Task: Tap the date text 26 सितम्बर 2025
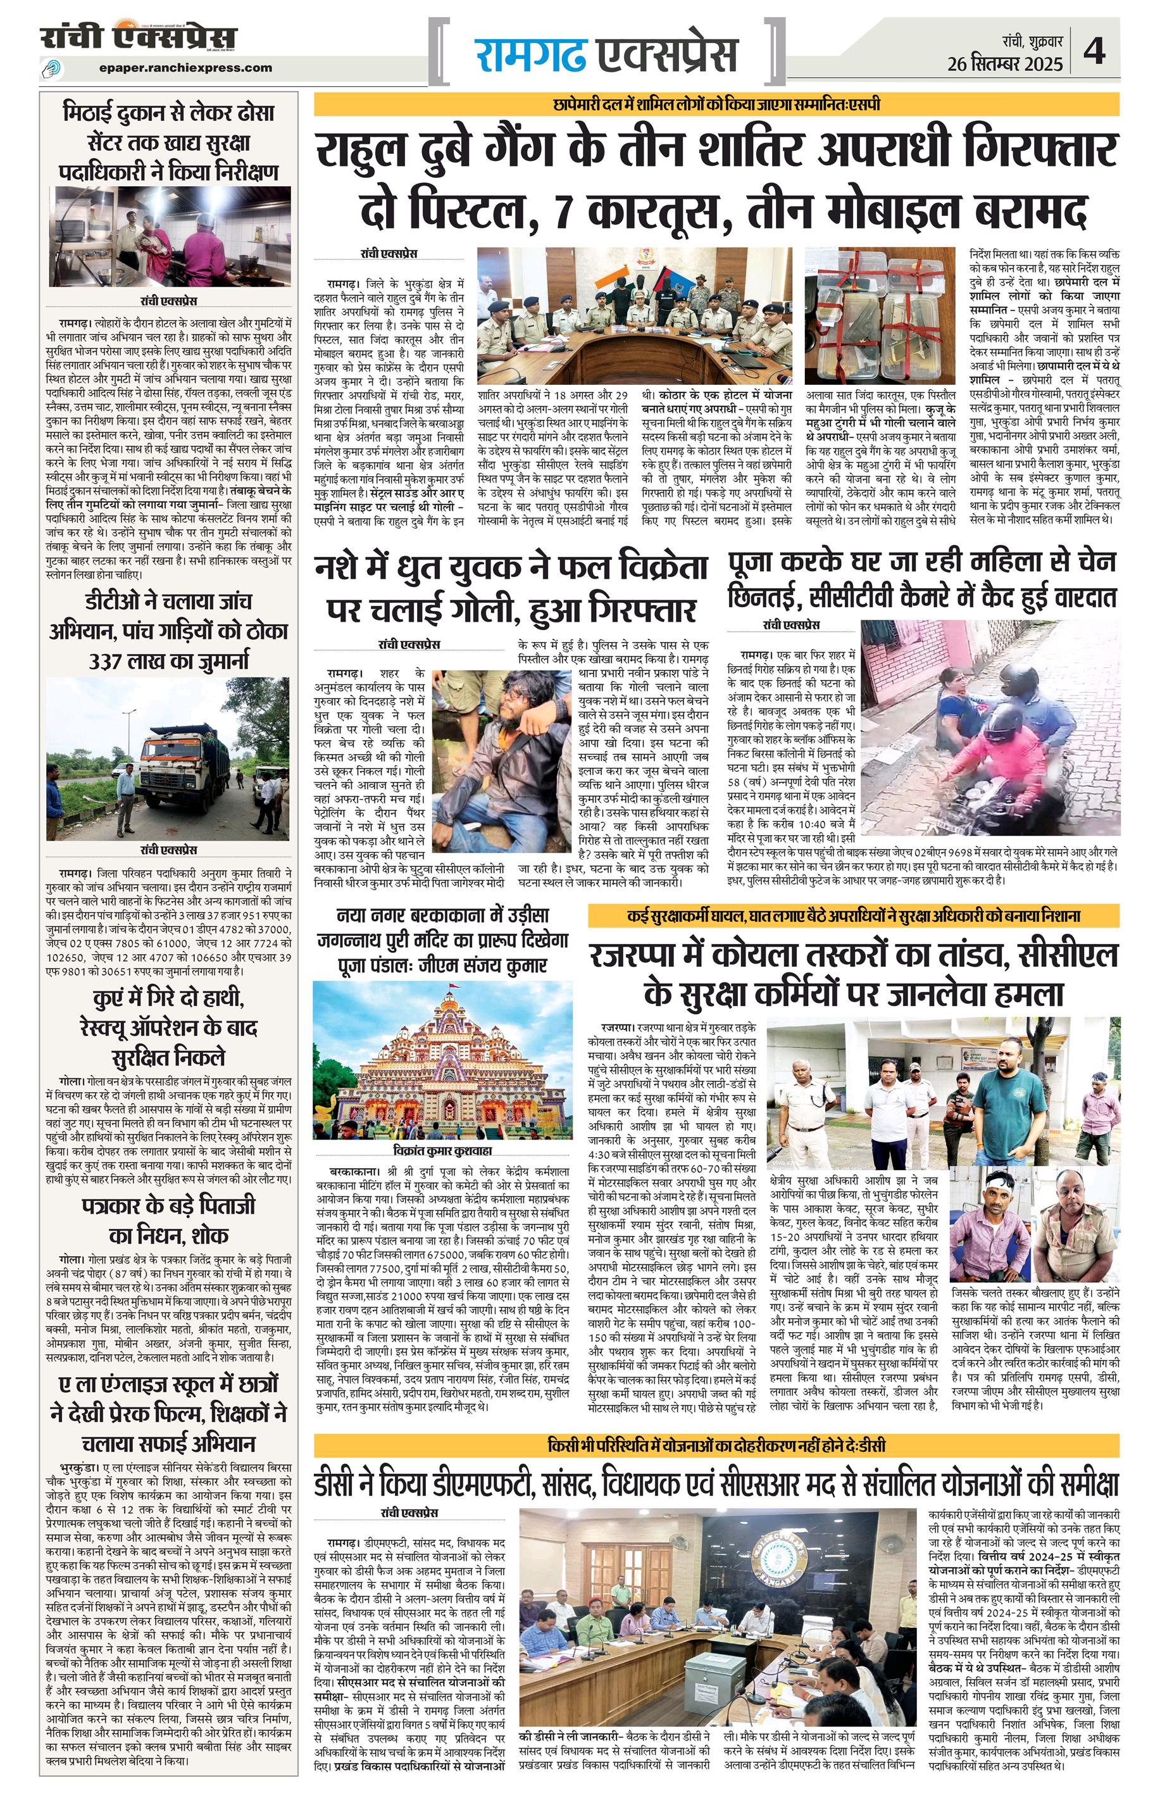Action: [1005, 63]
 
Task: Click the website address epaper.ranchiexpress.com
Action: [185, 68]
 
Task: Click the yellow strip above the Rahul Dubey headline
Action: [716, 104]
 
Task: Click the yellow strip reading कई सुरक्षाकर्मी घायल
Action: [854, 917]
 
